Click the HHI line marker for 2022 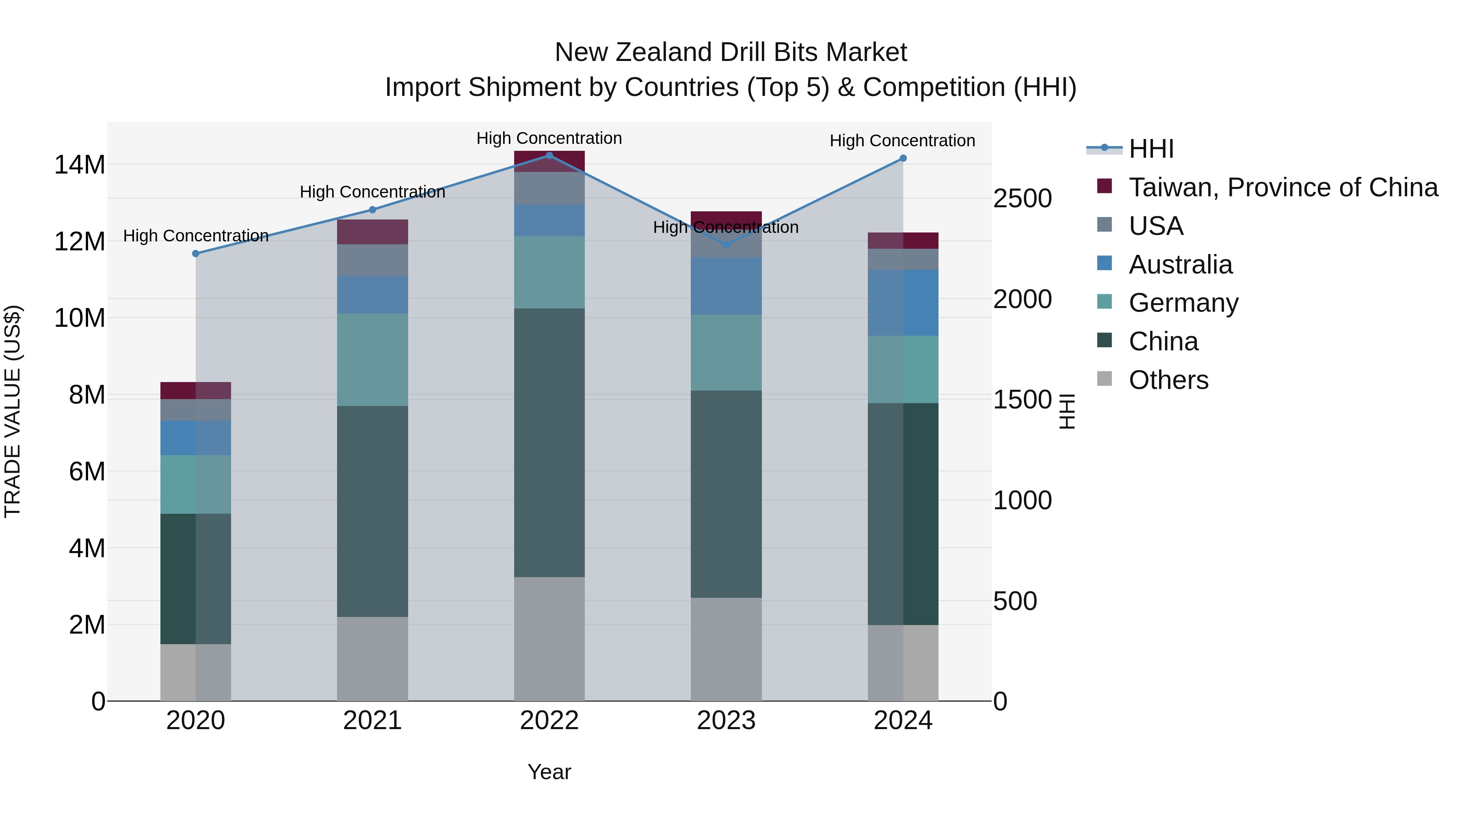click(x=549, y=156)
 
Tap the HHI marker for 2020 click(x=196, y=254)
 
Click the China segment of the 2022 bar click(x=549, y=443)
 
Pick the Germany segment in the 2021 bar click(x=372, y=360)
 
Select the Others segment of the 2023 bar click(x=726, y=649)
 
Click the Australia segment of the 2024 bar click(x=903, y=303)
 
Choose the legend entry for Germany click(x=1183, y=303)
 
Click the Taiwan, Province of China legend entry click(x=1282, y=187)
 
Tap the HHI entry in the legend click(x=1151, y=149)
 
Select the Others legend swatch click(x=1105, y=379)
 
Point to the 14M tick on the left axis click(x=80, y=165)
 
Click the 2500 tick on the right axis click(x=1022, y=199)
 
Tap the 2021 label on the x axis click(x=372, y=721)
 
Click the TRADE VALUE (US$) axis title click(x=13, y=411)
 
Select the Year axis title click(x=549, y=772)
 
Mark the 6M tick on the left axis click(x=87, y=471)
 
